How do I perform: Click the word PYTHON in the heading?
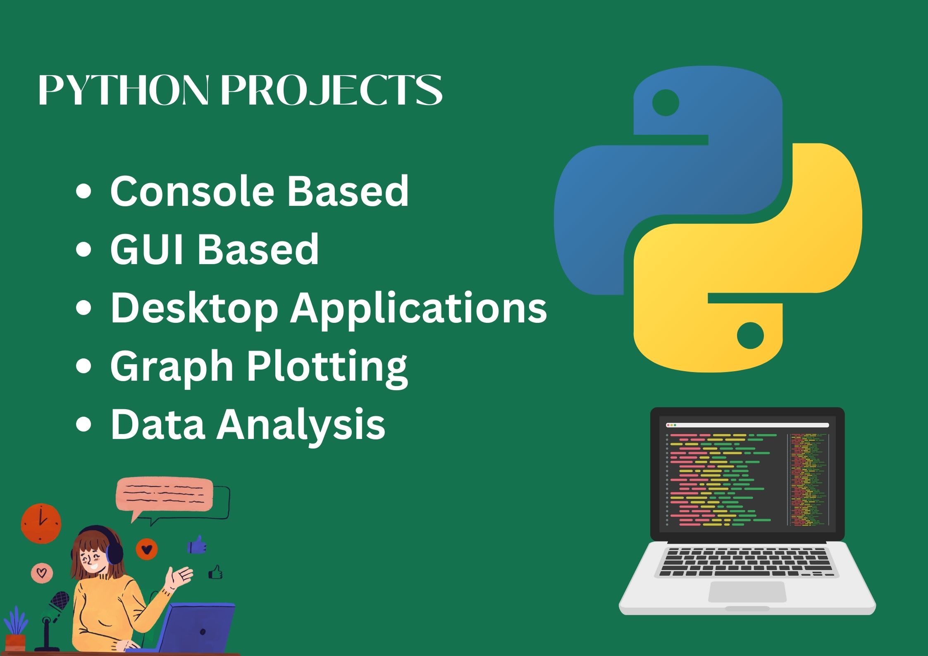click(x=124, y=90)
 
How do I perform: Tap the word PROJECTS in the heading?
click(x=332, y=90)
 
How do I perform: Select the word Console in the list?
click(x=192, y=191)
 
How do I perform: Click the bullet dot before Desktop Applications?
click(x=83, y=308)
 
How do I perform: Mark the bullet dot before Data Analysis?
click(x=83, y=425)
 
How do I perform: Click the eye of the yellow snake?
click(x=750, y=335)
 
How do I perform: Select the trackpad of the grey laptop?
click(x=747, y=592)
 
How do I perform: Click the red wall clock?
click(x=41, y=523)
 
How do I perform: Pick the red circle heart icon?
click(x=147, y=549)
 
